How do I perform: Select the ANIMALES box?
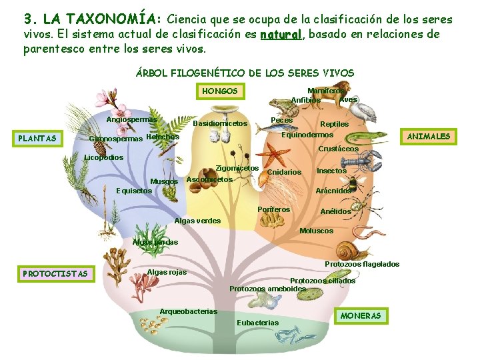click(429, 137)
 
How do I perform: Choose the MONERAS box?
click(361, 315)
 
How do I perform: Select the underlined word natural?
click(281, 35)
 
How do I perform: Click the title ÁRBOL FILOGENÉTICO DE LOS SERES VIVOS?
click(245, 73)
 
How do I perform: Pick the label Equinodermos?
click(307, 135)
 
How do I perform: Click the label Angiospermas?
click(131, 119)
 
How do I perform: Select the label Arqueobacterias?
click(189, 311)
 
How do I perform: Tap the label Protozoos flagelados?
click(362, 264)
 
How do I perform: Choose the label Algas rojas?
click(167, 272)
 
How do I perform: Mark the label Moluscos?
click(317, 231)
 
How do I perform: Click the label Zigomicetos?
click(238, 168)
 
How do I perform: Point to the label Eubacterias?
click(257, 323)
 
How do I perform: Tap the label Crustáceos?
click(338, 149)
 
